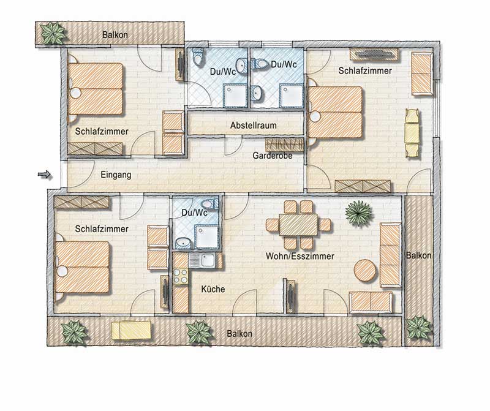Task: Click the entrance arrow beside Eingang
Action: [x=44, y=175]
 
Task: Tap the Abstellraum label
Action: [x=254, y=126]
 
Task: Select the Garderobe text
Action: [x=272, y=156]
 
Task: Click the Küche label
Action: [x=213, y=289]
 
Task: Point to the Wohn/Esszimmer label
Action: [x=300, y=256]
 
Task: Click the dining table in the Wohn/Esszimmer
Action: [x=298, y=224]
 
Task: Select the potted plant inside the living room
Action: [x=359, y=214]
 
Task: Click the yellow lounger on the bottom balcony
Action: [x=131, y=330]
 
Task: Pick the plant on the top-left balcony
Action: [x=54, y=33]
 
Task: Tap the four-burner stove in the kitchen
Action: [x=181, y=276]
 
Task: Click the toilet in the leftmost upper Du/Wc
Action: [x=198, y=56]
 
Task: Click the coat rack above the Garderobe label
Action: [x=284, y=145]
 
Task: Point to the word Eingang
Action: [x=116, y=175]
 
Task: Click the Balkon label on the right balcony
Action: [x=418, y=255]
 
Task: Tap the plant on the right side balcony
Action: [x=419, y=328]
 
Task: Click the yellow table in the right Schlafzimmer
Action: [x=412, y=133]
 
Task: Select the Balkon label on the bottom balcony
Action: [x=239, y=333]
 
